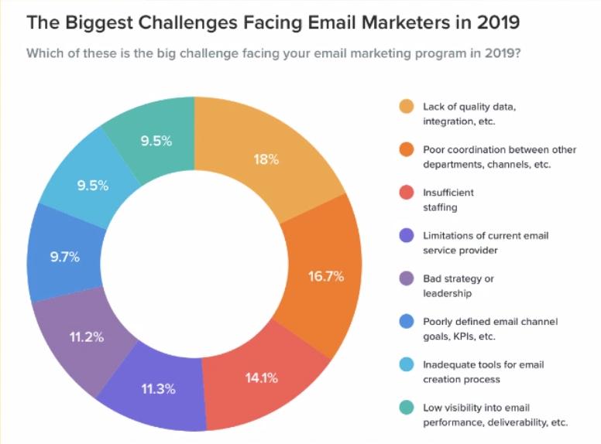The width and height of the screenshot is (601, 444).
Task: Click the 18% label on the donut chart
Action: pos(266,160)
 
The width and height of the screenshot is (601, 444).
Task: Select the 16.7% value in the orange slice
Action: pos(325,276)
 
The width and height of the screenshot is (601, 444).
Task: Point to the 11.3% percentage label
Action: pos(158,389)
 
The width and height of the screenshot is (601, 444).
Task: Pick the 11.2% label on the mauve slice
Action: pos(88,337)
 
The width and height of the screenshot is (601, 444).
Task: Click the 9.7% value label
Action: pos(65,258)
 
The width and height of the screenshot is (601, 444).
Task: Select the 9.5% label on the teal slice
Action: pos(156,141)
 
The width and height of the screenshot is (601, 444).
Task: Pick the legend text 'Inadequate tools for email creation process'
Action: pos(477,372)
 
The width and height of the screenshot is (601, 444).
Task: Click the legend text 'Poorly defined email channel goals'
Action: pos(489,329)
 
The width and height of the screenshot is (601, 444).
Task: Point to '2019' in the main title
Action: pos(494,22)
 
